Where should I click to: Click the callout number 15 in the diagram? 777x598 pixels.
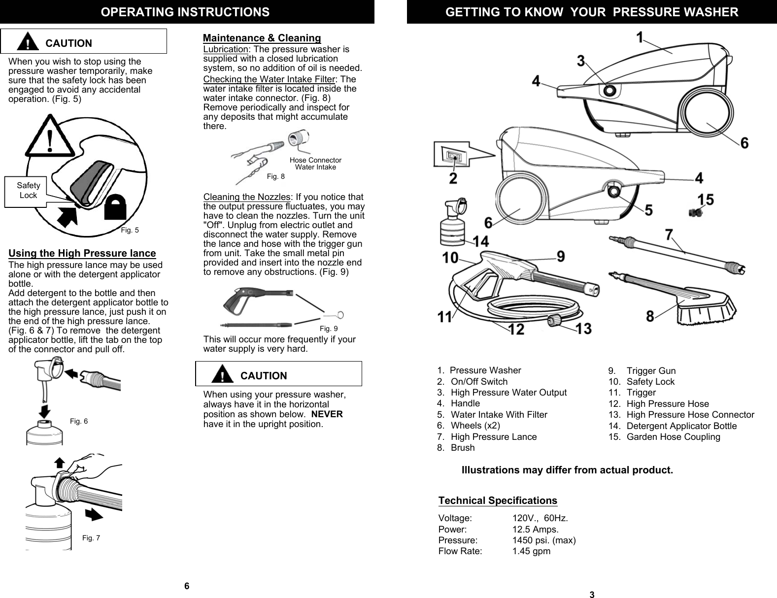706,200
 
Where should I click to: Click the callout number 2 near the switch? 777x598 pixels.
452,177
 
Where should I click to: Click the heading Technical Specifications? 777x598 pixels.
498,500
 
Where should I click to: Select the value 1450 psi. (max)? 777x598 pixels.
544,540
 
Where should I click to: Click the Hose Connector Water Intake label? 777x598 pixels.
315,164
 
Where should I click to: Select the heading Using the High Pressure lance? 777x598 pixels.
82,254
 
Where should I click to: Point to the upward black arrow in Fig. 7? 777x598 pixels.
59,463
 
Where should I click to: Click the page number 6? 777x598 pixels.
187,586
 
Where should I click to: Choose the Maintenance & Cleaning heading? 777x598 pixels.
262,38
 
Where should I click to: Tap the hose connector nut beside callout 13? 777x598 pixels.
555,322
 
